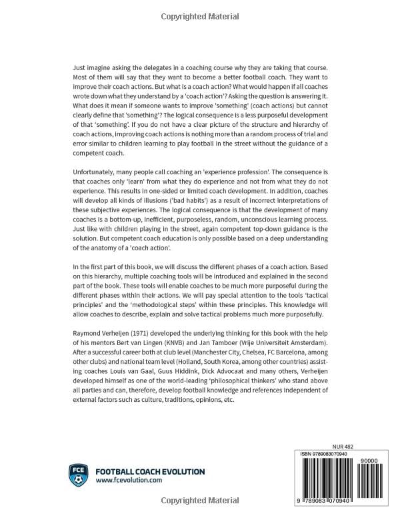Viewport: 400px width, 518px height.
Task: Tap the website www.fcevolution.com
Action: tap(129, 480)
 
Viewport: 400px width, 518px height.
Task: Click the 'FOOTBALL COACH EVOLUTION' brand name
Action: tap(150, 471)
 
